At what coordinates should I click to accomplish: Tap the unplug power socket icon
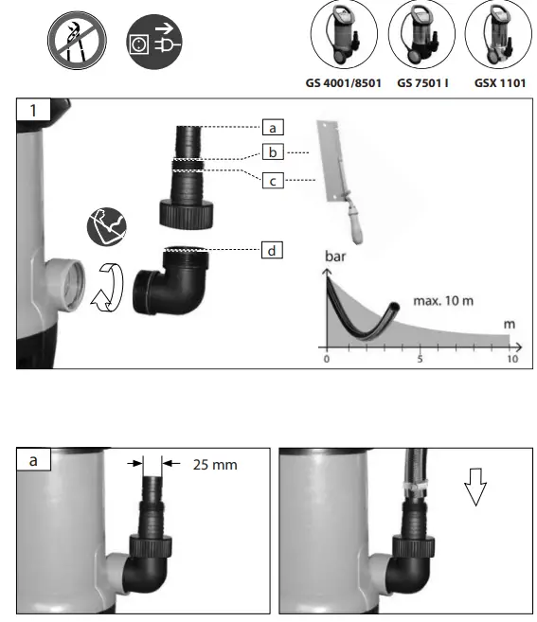(x=154, y=43)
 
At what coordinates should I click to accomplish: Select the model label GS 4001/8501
(x=343, y=83)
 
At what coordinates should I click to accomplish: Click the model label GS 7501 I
(x=422, y=83)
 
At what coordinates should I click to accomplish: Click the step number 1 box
(x=34, y=110)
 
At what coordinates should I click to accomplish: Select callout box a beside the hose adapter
(x=273, y=126)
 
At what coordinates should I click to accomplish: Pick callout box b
(x=273, y=151)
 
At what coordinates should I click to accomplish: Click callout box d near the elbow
(x=273, y=250)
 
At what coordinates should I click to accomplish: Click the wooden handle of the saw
(x=359, y=228)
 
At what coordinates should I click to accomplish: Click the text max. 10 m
(x=440, y=301)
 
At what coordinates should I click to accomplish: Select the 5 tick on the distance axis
(x=420, y=360)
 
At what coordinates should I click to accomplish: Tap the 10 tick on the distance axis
(x=511, y=360)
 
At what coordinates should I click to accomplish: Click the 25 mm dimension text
(x=214, y=465)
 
